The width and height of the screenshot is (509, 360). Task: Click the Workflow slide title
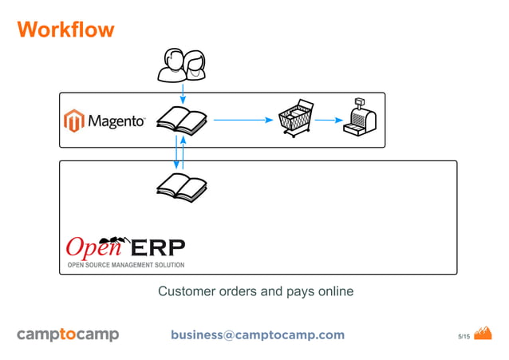click(65, 30)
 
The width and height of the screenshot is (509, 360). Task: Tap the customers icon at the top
click(182, 65)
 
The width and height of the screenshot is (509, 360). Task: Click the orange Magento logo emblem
click(74, 121)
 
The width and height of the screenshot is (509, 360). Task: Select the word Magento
click(116, 121)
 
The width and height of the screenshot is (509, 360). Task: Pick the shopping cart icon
click(293, 118)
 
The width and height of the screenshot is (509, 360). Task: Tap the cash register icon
click(358, 117)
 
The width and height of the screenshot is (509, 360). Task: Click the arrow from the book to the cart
click(243, 121)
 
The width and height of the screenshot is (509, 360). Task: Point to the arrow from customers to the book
click(183, 92)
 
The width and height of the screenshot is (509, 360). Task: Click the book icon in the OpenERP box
click(181, 185)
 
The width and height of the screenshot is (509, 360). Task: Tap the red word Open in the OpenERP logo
click(88, 245)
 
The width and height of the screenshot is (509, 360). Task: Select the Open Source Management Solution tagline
click(125, 265)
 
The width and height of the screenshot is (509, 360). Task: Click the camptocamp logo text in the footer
click(68, 334)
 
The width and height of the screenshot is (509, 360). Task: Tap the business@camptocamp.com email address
click(257, 334)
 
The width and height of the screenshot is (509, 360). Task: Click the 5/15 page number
click(463, 336)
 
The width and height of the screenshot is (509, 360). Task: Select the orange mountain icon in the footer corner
click(483, 333)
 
